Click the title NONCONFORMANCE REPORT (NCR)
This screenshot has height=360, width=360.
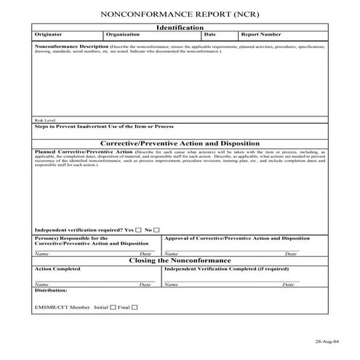coord(179,14)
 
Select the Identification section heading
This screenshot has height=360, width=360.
coord(180,27)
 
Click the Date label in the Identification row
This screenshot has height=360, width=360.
coord(210,34)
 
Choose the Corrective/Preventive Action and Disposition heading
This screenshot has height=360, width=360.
coord(180,143)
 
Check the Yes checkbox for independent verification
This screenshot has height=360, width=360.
coord(138,230)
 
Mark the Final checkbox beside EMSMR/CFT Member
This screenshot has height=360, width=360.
coord(134,307)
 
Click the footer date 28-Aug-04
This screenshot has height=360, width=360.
coord(327,340)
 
